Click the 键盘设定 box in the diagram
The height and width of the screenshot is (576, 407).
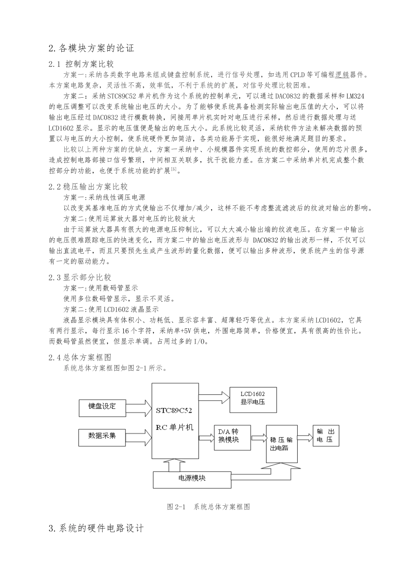(102, 408)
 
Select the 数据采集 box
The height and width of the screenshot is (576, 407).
(102, 437)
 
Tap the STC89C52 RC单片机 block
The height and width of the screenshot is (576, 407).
(175, 421)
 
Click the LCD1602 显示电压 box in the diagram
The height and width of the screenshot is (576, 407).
(253, 400)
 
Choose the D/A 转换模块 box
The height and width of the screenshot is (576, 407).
(232, 438)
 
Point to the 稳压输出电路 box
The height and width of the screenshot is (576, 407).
(281, 444)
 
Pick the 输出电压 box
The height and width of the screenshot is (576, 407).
(326, 436)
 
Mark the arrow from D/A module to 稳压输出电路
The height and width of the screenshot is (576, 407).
(258, 438)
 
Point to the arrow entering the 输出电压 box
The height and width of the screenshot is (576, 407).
(305, 437)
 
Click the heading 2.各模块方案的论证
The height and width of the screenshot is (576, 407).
(92, 48)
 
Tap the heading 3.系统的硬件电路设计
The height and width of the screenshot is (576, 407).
(96, 528)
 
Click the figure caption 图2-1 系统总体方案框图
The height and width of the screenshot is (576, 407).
(208, 507)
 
